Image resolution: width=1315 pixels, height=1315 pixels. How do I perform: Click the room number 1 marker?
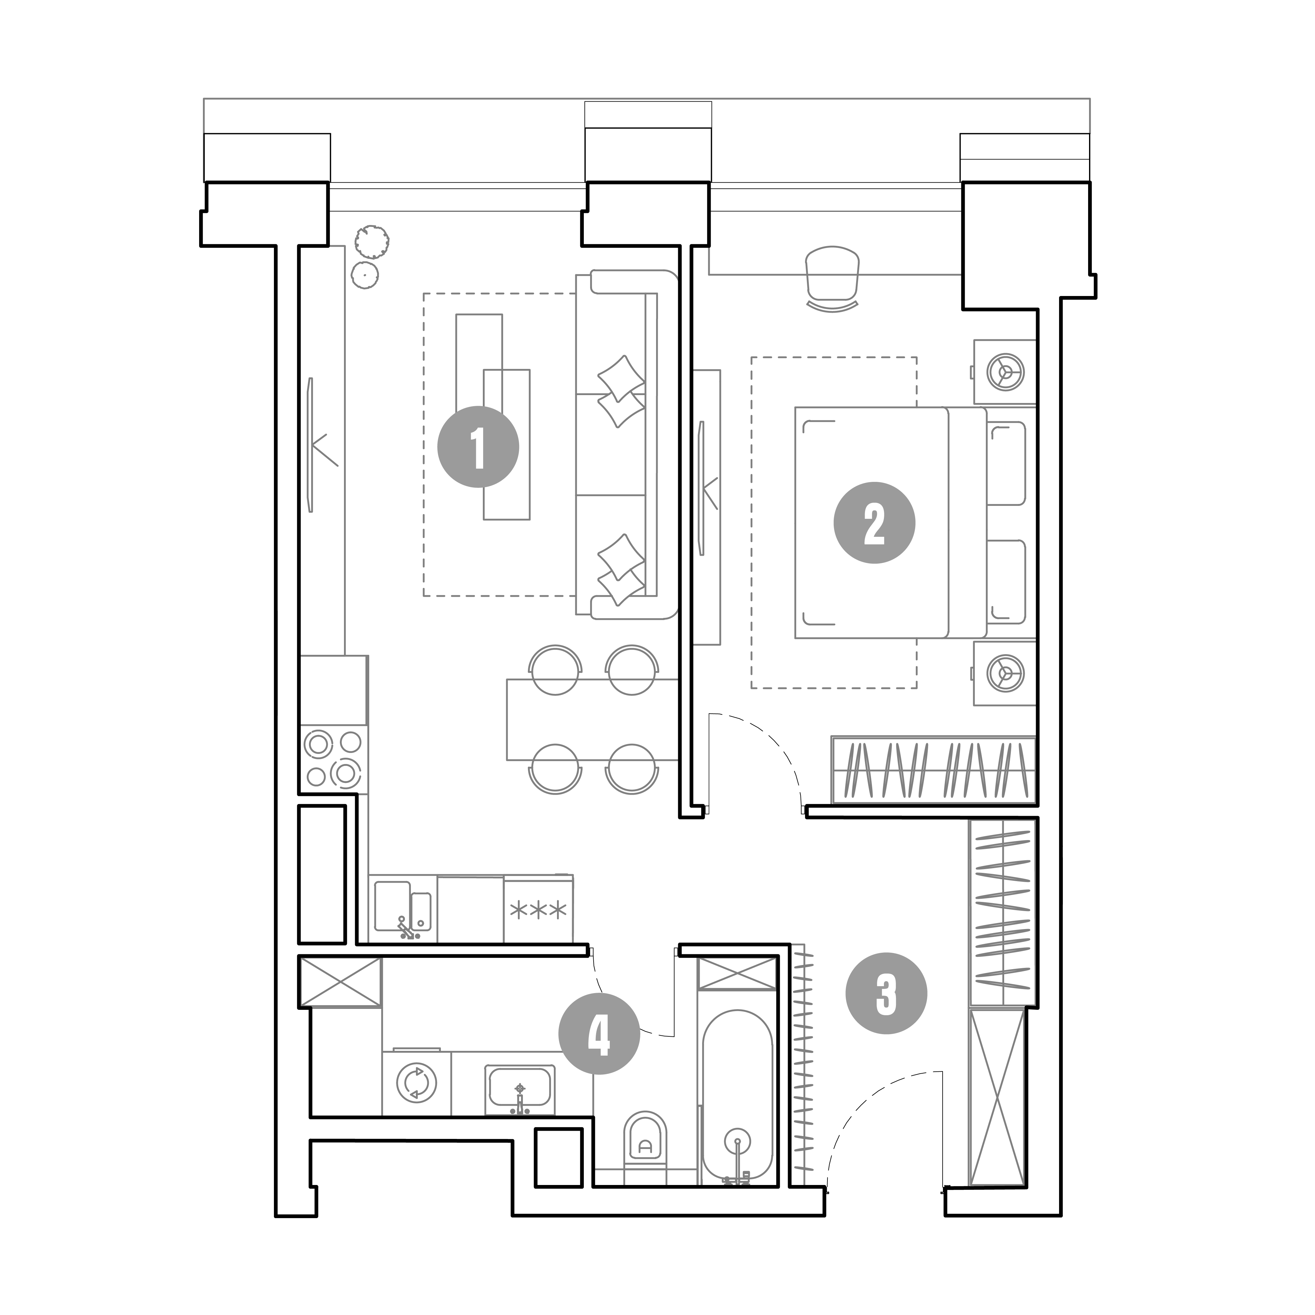[478, 447]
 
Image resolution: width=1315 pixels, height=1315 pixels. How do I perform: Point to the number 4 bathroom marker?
[599, 1036]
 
